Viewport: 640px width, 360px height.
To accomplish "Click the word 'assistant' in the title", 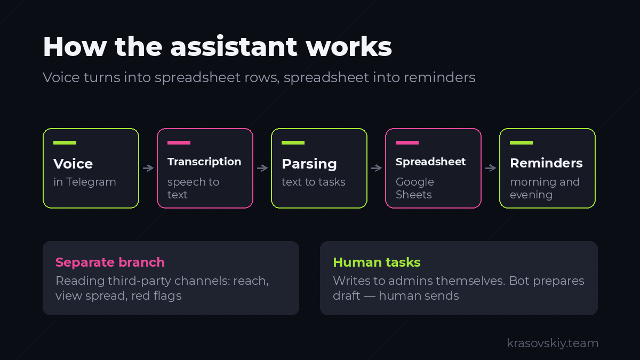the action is [234, 46].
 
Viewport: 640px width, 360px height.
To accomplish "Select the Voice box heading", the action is [73, 164].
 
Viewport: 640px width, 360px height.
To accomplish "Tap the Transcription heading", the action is [204, 162].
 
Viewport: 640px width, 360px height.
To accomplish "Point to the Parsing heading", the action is [309, 164].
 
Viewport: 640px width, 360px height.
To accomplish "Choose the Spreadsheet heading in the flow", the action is [430, 162].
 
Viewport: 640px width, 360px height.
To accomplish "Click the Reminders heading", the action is [546, 163].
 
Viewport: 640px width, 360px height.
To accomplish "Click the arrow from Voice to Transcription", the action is [148, 168].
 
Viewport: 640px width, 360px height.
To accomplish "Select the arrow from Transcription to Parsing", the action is [262, 168].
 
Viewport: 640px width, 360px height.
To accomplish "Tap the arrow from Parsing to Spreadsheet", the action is [377, 168].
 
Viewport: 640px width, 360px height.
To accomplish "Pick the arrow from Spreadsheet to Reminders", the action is [491, 168].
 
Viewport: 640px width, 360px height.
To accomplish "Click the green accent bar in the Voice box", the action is [65, 142].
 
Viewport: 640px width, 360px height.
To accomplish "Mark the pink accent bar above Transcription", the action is [179, 142].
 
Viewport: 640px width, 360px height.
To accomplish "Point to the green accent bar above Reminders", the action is [522, 142].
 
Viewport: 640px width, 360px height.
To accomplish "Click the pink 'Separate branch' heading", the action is [110, 262].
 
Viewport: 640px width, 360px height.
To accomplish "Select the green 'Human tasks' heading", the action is [377, 262].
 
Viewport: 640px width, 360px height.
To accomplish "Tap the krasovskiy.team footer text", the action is [553, 343].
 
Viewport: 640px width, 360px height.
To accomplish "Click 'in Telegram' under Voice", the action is [85, 182].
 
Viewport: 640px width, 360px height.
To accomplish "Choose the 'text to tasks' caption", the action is [314, 182].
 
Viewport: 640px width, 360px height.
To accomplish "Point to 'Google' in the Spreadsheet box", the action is [415, 182].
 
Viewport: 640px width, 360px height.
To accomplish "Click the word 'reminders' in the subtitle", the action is [439, 78].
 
